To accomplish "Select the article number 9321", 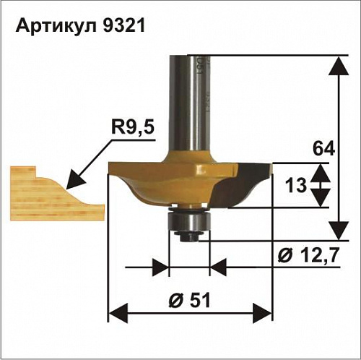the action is pyautogui.click(x=124, y=25).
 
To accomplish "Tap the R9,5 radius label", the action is pyautogui.click(x=133, y=127).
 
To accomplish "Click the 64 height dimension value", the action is pyautogui.click(x=323, y=149).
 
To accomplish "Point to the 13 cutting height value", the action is pyautogui.click(x=296, y=185).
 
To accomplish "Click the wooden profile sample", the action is pyautogui.click(x=57, y=194).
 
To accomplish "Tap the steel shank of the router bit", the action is pyautogui.click(x=190, y=103).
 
